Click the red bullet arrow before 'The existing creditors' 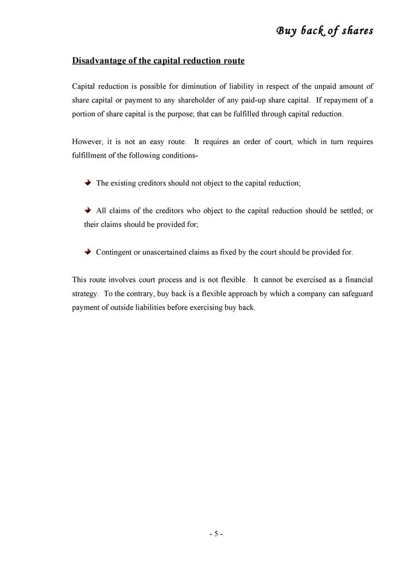click(x=88, y=183)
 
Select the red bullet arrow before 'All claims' click(x=88, y=211)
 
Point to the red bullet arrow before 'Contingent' click(x=88, y=252)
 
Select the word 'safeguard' click(x=355, y=294)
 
